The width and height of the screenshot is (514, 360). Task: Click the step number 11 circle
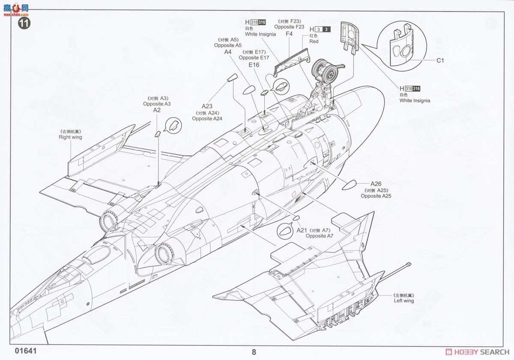[x=24, y=24]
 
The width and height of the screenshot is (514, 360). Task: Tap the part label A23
[x=207, y=106]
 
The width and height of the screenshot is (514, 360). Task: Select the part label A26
[x=376, y=184]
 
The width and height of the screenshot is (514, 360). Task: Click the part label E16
[x=254, y=65]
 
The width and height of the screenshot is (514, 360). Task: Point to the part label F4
[x=289, y=34]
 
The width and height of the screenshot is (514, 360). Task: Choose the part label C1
[x=440, y=60]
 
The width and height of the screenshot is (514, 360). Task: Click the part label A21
[x=302, y=231]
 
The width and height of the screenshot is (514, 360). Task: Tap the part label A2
[x=157, y=110]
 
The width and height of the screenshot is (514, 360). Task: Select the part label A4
[x=228, y=52]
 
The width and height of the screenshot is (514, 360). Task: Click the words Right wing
[x=71, y=138]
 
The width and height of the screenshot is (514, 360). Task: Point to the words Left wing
[x=403, y=301]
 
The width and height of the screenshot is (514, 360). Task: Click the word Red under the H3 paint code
[x=314, y=42]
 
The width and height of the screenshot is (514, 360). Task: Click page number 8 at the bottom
[x=254, y=352]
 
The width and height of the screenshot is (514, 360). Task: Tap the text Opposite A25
[x=376, y=196]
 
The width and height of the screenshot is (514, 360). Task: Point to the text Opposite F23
[x=289, y=27]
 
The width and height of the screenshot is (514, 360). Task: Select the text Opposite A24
[x=207, y=119]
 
